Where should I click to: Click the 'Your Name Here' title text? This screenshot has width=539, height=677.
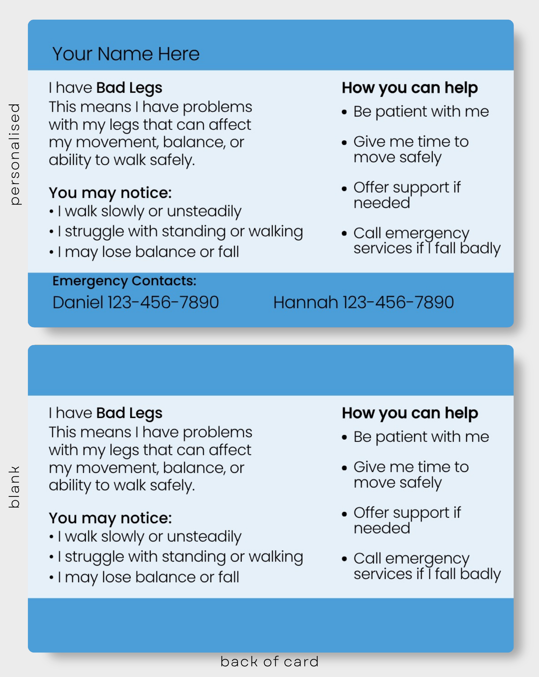coord(126,54)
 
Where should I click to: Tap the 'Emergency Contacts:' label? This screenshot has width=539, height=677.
coord(124,281)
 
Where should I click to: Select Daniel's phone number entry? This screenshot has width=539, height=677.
coord(136,302)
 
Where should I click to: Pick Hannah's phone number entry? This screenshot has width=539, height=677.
coord(364,302)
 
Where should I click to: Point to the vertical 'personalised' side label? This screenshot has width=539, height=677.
coord(15,154)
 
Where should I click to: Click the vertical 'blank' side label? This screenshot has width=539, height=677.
coord(14,487)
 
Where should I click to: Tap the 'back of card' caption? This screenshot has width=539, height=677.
coord(269,661)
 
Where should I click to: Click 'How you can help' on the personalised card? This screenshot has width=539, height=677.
coord(410,88)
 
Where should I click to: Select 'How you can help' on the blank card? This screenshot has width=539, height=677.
coord(410,413)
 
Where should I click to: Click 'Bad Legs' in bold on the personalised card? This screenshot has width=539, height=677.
coord(129,88)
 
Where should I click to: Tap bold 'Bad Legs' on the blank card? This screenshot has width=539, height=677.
coord(129,413)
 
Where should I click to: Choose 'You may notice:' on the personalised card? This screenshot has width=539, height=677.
coord(110,193)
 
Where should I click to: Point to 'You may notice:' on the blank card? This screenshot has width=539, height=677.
coord(110,518)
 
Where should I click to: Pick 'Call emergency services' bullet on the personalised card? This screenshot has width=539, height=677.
coord(421,241)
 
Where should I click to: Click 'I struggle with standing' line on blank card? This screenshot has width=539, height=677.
coord(176,557)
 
